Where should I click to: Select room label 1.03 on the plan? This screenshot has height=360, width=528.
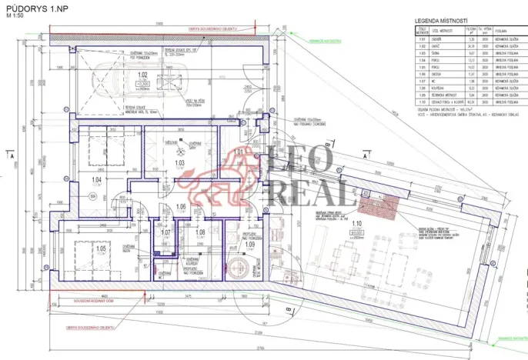pos(179,163)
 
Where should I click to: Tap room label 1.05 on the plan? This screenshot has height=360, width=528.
pos(100,249)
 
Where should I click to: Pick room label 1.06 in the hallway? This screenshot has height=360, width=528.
pos(182,207)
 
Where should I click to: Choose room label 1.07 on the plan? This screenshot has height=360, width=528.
pos(165,232)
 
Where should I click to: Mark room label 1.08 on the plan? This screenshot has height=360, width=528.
pos(200,232)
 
